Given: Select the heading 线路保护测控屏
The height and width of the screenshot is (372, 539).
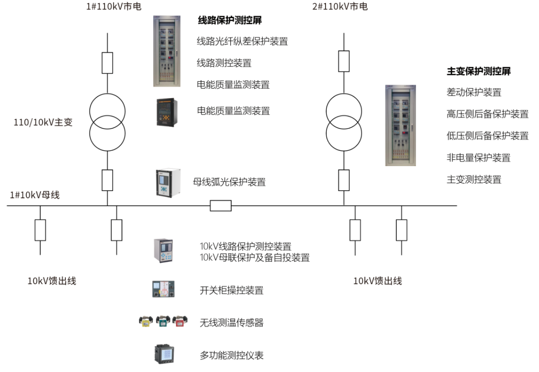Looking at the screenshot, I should point(230,20).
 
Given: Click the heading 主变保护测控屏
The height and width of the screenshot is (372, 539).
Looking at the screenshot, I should point(479,72).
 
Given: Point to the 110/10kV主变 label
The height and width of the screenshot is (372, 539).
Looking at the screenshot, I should point(44,122).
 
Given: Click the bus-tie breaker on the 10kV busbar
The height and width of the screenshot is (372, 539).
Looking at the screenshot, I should point(221,206).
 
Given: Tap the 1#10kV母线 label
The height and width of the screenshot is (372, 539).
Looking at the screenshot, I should point(35,196).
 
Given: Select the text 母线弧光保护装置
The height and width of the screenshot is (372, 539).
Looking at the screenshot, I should point(229,182).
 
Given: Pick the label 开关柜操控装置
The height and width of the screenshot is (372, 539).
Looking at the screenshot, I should point(232,290).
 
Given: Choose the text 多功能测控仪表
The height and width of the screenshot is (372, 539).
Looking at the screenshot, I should point(232,355).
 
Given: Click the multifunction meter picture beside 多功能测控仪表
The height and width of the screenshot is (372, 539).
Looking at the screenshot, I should point(164,354).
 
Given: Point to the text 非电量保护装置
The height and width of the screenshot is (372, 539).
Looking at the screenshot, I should point(478,157).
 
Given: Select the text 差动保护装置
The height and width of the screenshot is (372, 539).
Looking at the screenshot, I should point(474,93).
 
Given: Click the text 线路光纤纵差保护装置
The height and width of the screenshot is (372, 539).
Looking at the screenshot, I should point(242,42).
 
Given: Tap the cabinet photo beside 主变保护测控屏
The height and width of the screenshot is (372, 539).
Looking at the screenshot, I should point(400,125).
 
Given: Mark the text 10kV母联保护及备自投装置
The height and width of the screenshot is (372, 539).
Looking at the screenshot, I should point(255,258).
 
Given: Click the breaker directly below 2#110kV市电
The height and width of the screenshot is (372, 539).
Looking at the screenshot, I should point(344,61).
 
